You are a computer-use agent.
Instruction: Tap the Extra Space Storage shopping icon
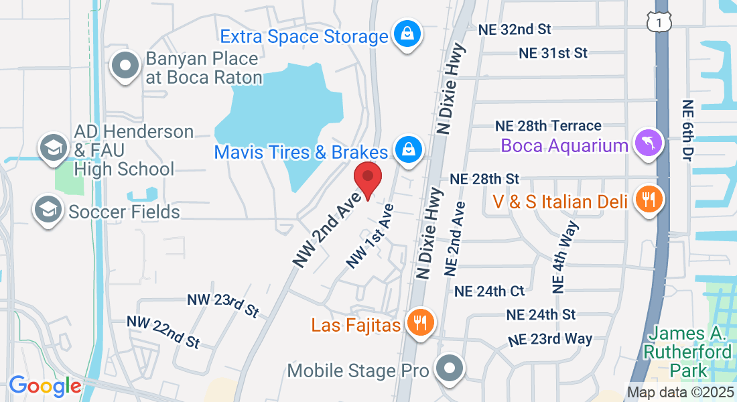[x=406, y=33]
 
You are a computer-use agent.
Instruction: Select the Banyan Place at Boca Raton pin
[x=125, y=66]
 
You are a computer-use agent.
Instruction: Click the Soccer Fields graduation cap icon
[x=49, y=210]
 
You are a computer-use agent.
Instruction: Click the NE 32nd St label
[x=514, y=29]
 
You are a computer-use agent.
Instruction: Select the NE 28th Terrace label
[x=548, y=126]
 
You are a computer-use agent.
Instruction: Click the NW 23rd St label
[x=223, y=305]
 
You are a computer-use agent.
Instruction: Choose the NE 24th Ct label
[x=489, y=291]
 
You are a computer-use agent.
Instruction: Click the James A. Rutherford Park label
[x=681, y=352]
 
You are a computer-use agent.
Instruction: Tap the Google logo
[x=45, y=386]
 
